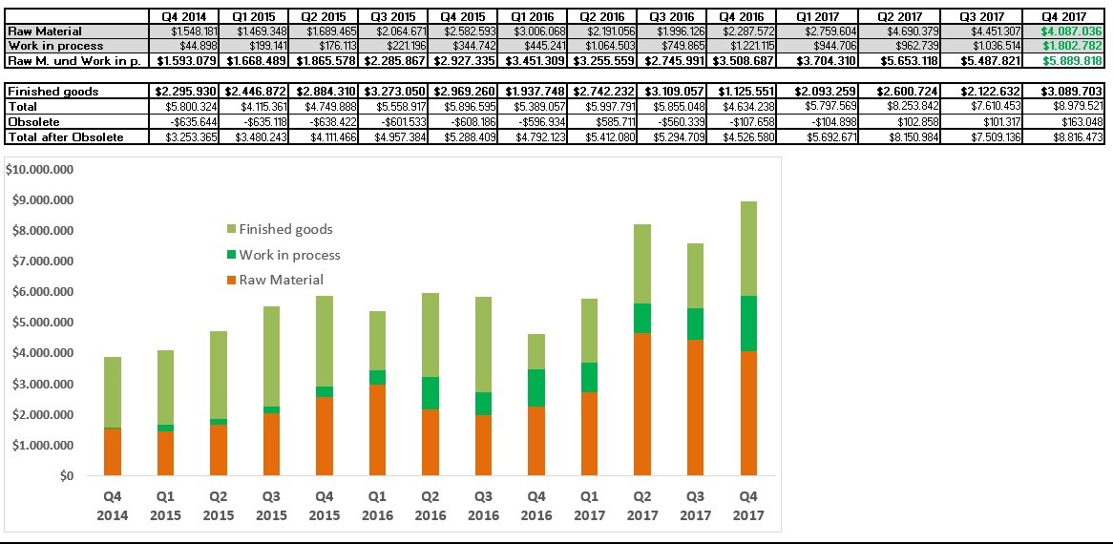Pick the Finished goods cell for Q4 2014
tap(185, 92)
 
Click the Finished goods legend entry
tap(285, 229)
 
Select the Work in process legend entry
tap(289, 255)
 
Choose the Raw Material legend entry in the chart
tap(281, 280)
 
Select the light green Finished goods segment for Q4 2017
tap(748, 248)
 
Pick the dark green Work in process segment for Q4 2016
tap(536, 387)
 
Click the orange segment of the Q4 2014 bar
tap(113, 451)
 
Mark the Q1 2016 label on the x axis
tap(377, 506)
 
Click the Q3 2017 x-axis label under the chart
tap(695, 506)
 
